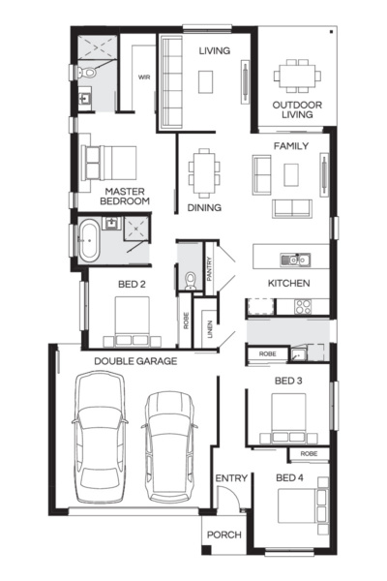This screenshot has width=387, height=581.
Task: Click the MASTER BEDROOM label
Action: (x=127, y=196)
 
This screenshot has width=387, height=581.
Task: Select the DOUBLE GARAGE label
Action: (x=135, y=361)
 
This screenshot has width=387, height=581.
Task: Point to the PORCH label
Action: (x=224, y=535)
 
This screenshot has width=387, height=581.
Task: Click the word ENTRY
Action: (x=231, y=478)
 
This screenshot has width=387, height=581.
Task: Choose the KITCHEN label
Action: (x=288, y=284)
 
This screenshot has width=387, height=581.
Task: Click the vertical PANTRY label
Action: (x=210, y=268)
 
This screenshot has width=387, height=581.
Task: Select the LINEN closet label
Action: (x=205, y=329)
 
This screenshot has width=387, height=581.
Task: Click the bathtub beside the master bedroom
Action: (x=88, y=238)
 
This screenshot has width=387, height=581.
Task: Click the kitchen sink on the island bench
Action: (x=290, y=260)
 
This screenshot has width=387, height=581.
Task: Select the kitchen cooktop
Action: (x=301, y=307)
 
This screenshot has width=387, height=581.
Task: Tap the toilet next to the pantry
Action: (x=190, y=280)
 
